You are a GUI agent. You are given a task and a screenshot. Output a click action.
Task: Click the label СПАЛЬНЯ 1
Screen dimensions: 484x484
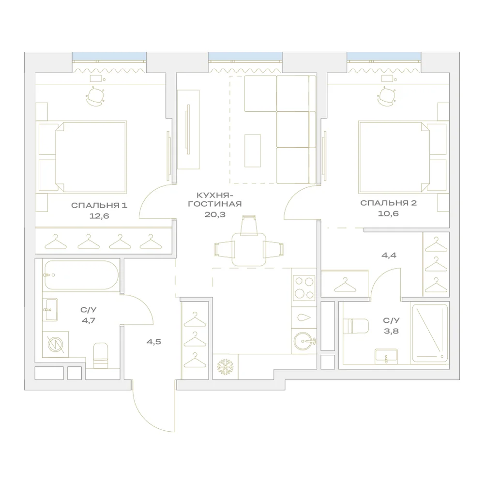99,205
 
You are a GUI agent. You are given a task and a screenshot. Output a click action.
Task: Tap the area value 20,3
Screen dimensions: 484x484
215,214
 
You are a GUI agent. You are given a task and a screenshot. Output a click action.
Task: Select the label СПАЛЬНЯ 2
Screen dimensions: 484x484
388,203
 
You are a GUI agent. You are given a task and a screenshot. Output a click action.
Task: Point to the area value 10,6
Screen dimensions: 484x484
388,213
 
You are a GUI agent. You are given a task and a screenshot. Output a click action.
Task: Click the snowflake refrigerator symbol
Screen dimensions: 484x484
226,367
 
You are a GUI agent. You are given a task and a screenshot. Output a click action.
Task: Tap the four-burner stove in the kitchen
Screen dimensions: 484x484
304,287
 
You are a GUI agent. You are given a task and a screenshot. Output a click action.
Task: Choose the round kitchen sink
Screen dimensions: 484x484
304,341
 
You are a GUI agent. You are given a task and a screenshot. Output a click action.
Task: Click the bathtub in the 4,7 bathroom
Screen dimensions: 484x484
81,275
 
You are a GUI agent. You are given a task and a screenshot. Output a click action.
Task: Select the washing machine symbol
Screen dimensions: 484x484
56,344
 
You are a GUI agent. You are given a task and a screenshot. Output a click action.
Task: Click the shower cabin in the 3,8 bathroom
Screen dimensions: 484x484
430,333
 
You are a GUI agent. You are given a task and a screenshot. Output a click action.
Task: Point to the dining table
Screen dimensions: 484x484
249,249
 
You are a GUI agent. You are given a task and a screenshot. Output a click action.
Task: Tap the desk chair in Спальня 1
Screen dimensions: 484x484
95,97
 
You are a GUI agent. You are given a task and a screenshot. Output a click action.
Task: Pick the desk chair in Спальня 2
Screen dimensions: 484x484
386,97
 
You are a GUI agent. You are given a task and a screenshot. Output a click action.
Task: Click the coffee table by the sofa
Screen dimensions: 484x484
253,151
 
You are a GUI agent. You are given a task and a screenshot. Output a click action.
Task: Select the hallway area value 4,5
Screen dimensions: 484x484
154,342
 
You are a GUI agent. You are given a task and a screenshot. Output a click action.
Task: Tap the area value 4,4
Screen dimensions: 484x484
389,255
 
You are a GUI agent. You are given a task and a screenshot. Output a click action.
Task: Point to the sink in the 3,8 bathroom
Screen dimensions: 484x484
386,356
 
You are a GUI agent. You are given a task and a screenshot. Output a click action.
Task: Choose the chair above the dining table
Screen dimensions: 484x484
249,225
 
